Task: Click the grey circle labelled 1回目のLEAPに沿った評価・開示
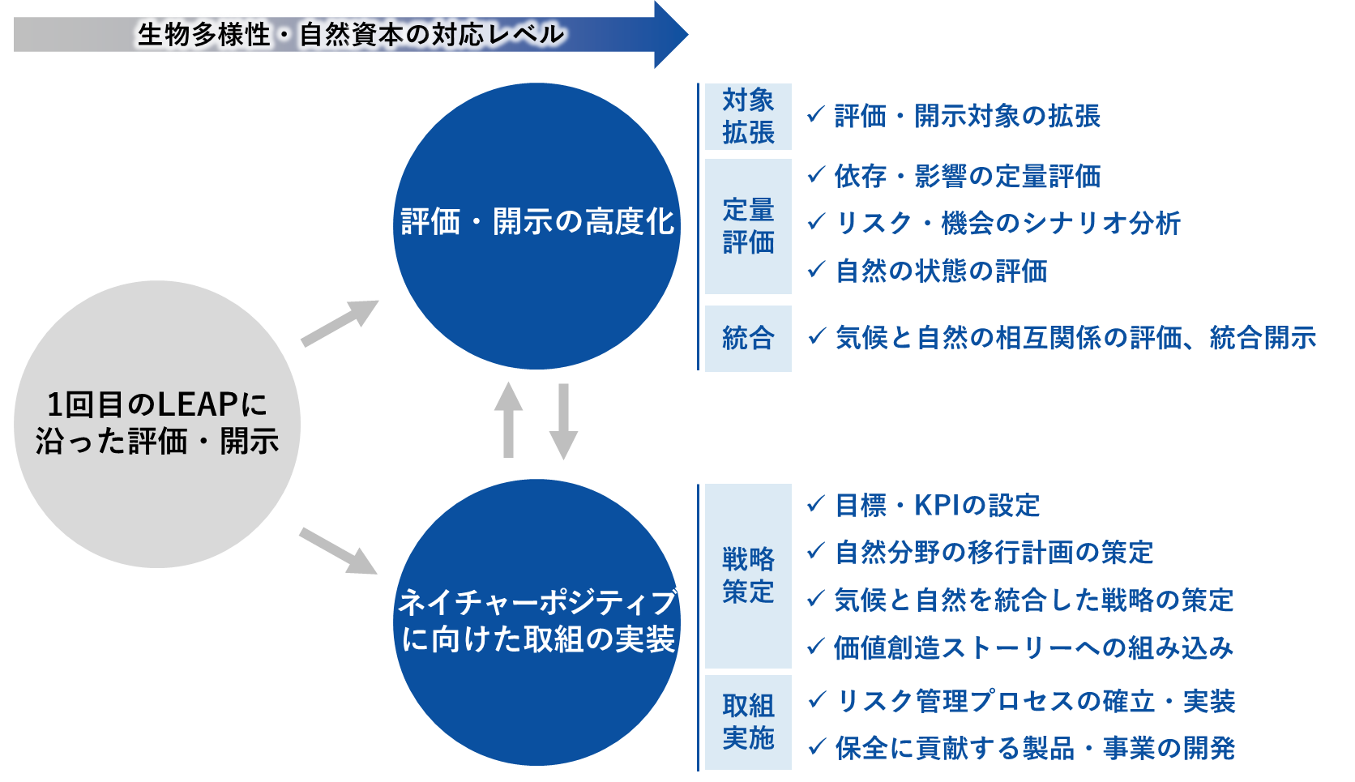pyautogui.click(x=157, y=424)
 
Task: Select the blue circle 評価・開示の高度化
pyautogui.click(x=536, y=226)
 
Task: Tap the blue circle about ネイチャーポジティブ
pyautogui.click(x=536, y=622)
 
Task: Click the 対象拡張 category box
pyautogui.click(x=748, y=117)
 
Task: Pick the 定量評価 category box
pyautogui.click(x=748, y=226)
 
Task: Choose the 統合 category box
pyautogui.click(x=748, y=338)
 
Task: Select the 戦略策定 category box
pyautogui.click(x=748, y=575)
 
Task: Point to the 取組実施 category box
pyautogui.click(x=748, y=722)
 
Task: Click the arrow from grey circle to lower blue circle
pyautogui.click(x=339, y=551)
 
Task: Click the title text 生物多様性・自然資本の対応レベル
pyautogui.click(x=351, y=35)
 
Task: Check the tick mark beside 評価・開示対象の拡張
pyautogui.click(x=816, y=114)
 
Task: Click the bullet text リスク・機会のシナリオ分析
pyautogui.click(x=1008, y=224)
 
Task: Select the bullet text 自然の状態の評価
pyautogui.click(x=942, y=271)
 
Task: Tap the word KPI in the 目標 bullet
pyautogui.click(x=942, y=506)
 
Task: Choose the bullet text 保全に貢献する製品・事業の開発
pyautogui.click(x=1035, y=748)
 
